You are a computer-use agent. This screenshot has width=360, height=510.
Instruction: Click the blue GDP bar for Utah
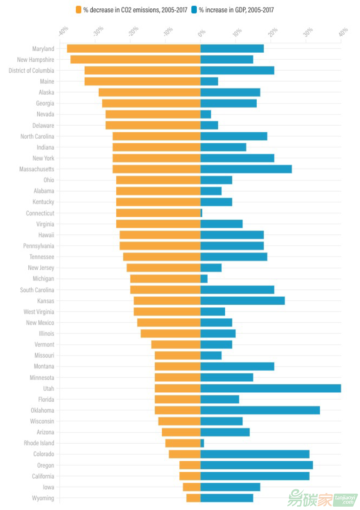[270, 388]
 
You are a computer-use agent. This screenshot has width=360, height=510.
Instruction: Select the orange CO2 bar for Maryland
[133, 49]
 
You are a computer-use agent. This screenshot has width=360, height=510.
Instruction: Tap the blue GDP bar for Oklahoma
[260, 410]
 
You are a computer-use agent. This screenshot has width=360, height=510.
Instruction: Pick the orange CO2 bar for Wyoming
[193, 498]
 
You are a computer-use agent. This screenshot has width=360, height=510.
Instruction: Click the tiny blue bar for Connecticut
[201, 213]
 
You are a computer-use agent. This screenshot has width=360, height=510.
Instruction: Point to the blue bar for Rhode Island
[202, 443]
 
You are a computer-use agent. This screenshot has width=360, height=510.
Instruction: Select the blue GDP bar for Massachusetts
[246, 169]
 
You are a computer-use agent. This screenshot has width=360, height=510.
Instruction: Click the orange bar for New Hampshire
[135, 60]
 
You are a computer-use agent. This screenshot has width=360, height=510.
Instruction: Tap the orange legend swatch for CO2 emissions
[79, 10]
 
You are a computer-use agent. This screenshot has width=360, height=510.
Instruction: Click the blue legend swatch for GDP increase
[194, 10]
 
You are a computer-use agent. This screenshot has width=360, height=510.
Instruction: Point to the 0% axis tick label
[202, 33]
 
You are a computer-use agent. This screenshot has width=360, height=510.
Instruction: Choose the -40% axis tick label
[63, 31]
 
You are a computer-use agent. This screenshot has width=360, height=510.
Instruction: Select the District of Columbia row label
[31, 71]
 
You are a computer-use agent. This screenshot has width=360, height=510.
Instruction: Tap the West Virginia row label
[39, 312]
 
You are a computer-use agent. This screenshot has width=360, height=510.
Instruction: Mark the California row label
[43, 476]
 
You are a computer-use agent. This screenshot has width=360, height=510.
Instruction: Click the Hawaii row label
[46, 235]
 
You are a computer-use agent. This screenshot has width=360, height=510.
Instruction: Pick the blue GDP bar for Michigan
[204, 279]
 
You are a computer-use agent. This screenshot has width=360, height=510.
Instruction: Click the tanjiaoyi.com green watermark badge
[346, 500]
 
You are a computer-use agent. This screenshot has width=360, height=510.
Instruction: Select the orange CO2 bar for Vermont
[176, 344]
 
